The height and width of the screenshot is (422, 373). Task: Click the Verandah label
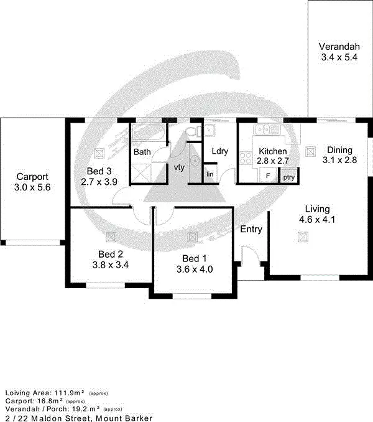pyautogui.click(x=339, y=47)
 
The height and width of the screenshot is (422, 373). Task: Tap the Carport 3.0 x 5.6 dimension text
pyautogui.click(x=32, y=186)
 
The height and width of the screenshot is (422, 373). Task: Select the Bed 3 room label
pyautogui.click(x=99, y=171)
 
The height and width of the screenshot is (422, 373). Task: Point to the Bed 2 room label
pyautogui.click(x=111, y=253)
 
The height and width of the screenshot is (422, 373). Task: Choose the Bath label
pyautogui.click(x=142, y=151)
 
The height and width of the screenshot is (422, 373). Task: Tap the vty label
pyautogui.click(x=179, y=167)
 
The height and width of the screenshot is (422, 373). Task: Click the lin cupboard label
pyautogui.click(x=210, y=174)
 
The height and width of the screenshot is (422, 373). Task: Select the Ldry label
pyautogui.click(x=220, y=151)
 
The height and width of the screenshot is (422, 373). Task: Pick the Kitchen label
pyautogui.click(x=273, y=151)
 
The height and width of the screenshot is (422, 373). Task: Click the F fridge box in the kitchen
pyautogui.click(x=268, y=176)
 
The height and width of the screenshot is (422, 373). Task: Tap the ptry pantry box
pyautogui.click(x=288, y=177)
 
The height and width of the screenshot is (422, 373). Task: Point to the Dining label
pyautogui.click(x=340, y=150)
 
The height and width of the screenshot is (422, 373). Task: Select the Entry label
pyautogui.click(x=251, y=229)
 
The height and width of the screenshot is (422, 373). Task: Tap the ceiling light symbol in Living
pyautogui.click(x=303, y=236)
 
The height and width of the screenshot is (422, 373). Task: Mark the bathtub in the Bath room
pyautogui.click(x=148, y=133)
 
